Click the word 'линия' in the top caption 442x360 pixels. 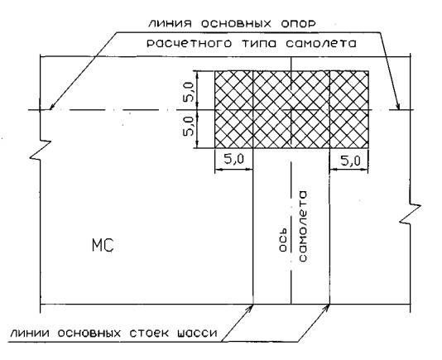coord(170,23)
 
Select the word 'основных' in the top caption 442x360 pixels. coord(236,24)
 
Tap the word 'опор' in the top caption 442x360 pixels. coord(298,25)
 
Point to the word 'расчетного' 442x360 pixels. coord(190,44)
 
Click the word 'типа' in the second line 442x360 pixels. coord(258,44)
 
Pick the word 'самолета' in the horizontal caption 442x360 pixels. coord(321,44)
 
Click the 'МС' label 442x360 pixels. coord(103,245)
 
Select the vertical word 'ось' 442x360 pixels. coord(283,239)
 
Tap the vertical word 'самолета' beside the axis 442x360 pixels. coord(302,227)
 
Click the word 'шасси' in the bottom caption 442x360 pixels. coord(197,334)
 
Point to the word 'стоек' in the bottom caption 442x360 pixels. coord(149,334)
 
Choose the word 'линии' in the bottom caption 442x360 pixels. coord(30,334)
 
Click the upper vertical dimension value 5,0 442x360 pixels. coord(188,92)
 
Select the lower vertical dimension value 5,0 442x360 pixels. coord(188,127)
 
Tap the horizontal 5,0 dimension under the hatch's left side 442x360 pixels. coord(234,160)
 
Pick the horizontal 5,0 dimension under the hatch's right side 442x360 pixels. coord(350,161)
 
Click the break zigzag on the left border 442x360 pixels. coord(41,150)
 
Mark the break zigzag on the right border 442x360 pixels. coord(411,214)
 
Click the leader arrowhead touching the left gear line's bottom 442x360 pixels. coord(250,308)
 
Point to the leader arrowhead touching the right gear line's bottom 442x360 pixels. coord(326,308)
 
